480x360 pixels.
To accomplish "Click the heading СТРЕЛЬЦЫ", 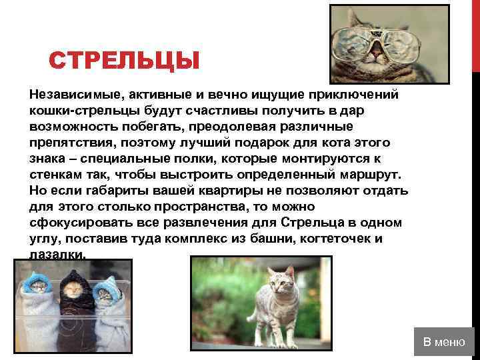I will click(x=124, y=62).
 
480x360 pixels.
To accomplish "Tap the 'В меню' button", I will click(x=445, y=342).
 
